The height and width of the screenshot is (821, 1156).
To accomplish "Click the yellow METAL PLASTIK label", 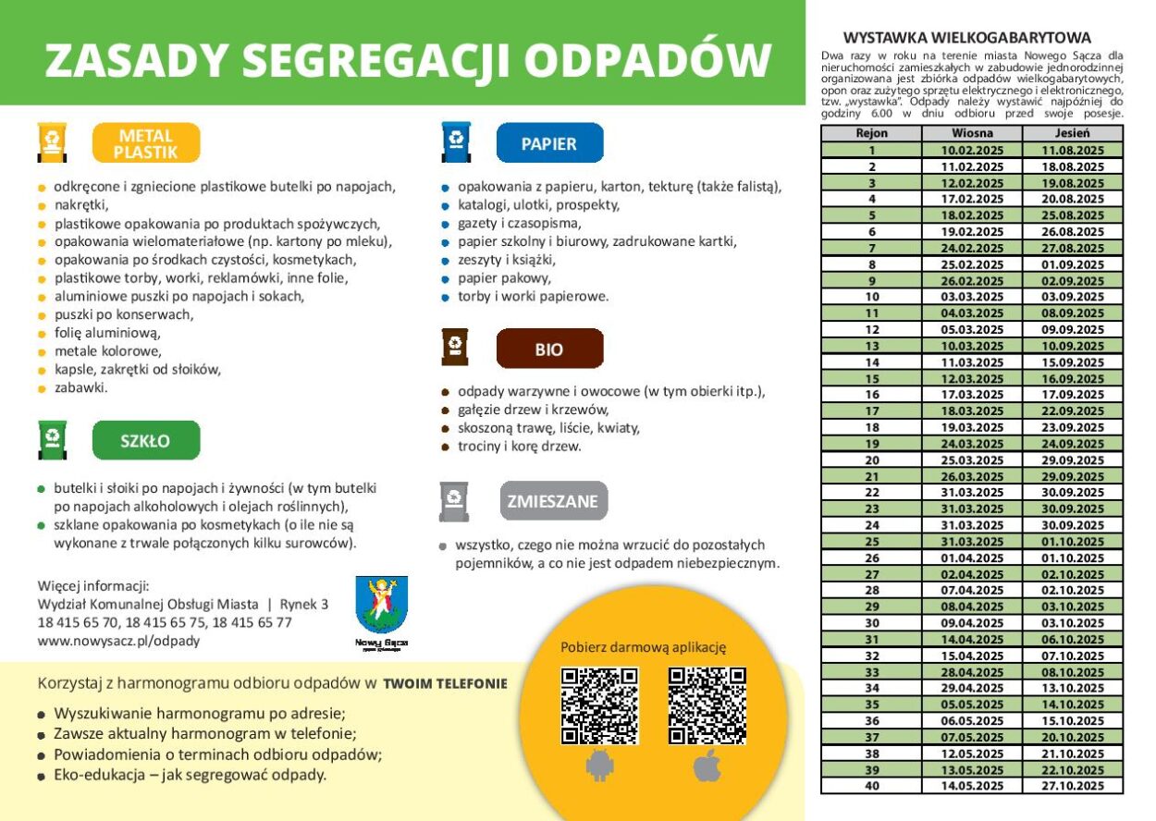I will [x=146, y=143].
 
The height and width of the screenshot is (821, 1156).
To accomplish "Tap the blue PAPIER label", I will [x=549, y=143].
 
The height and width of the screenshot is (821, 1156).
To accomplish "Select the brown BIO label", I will [x=549, y=349].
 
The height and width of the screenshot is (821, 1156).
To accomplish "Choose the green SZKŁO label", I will [x=146, y=441].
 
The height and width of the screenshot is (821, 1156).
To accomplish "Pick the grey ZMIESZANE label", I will [x=553, y=501].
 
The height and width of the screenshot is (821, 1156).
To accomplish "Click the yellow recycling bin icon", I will [x=52, y=142].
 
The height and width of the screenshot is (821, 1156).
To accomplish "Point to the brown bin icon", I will [x=455, y=348].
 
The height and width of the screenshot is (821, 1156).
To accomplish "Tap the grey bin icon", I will [x=454, y=500].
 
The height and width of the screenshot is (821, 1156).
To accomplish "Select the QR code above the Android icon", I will [x=599, y=705].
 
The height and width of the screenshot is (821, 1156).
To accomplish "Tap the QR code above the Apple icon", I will [x=707, y=705].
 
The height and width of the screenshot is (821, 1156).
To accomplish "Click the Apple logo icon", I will [x=707, y=766].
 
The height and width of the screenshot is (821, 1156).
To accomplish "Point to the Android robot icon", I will [x=599, y=766].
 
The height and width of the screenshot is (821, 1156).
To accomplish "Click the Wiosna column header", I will [x=972, y=133].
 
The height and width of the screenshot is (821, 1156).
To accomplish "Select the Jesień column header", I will [x=1073, y=133].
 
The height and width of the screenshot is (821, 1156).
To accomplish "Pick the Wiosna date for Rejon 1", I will [x=972, y=150].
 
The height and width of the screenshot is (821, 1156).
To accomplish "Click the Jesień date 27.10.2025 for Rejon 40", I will [x=1073, y=786].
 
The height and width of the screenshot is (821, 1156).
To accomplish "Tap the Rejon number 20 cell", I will [x=871, y=460].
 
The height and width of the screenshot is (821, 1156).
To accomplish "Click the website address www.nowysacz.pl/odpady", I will [x=118, y=641].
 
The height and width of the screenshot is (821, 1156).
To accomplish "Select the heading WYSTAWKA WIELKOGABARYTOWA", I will [x=967, y=38].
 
